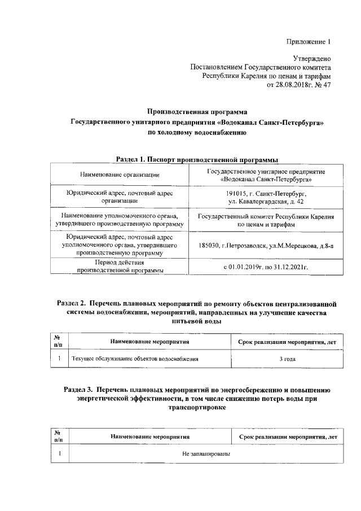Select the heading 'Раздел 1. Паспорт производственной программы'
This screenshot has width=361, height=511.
[197, 159]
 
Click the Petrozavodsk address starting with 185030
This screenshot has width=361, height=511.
[266, 246]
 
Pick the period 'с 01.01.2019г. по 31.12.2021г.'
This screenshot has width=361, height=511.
[266, 267]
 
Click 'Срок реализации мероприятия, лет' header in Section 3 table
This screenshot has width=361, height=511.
[288, 436]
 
